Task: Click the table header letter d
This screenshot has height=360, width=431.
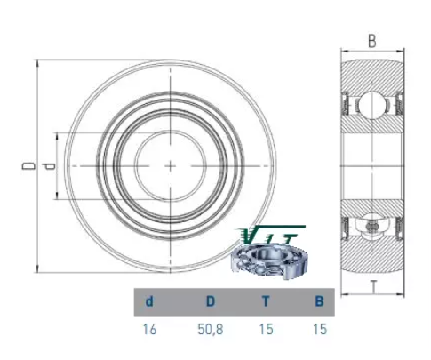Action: pyautogui.click(x=149, y=301)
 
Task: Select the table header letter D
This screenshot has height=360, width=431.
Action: pyautogui.click(x=210, y=301)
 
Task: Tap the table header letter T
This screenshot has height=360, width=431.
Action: pyautogui.click(x=266, y=301)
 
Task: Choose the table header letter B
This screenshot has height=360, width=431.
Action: pyautogui.click(x=319, y=301)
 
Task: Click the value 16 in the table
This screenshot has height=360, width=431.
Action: pyautogui.click(x=149, y=329)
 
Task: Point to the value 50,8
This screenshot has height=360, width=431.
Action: pyautogui.click(x=211, y=329)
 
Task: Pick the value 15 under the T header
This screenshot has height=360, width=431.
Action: pyautogui.click(x=266, y=329)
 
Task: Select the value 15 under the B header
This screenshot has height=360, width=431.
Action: pyautogui.click(x=320, y=329)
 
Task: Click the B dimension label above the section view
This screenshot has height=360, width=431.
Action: pyautogui.click(x=372, y=41)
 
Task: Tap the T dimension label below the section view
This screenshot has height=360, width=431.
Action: pyautogui.click(x=373, y=287)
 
